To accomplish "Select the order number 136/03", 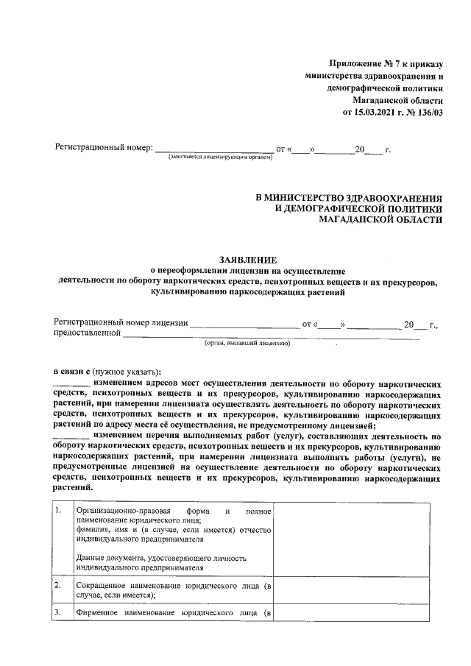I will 429,113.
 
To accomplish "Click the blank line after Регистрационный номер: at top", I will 213,149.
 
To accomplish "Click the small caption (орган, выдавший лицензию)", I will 247,343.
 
